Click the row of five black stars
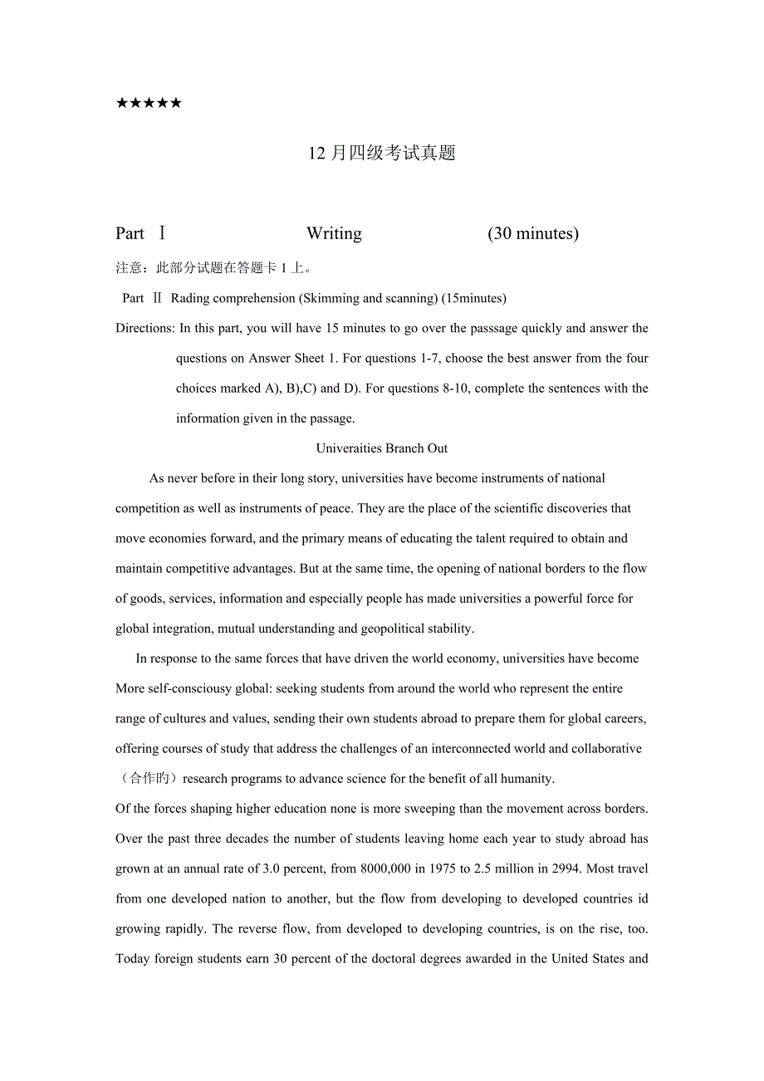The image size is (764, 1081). coord(149,104)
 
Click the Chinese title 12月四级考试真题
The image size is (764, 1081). coord(382,154)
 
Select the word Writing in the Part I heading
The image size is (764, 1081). coord(334,234)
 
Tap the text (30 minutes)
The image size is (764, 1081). coord(533,234)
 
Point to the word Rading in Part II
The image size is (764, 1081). coord(191,298)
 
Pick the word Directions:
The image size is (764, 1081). coord(145,328)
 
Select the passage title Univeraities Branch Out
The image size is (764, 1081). coord(382,448)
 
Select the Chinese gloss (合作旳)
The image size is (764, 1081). coord(146,779)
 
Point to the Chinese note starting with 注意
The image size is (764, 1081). coord(214,268)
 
